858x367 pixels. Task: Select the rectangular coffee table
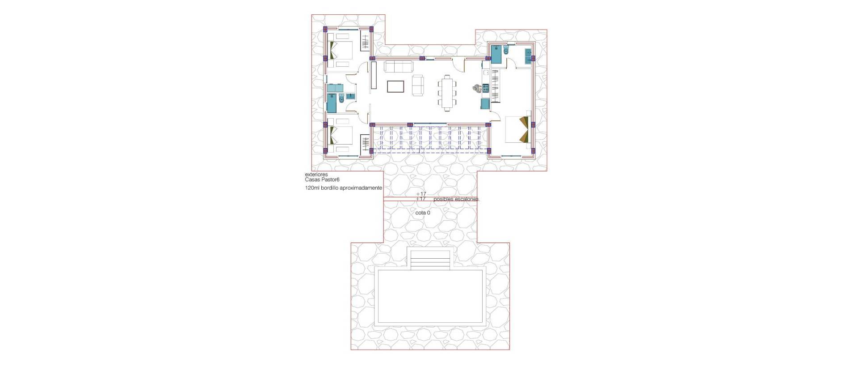coord(395,86)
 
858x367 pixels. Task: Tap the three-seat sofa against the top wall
coord(399,67)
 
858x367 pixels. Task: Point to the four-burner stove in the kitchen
coord(486,88)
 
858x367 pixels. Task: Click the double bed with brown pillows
coord(517,129)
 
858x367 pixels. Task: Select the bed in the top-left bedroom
coord(341,51)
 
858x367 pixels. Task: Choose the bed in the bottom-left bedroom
coord(341,136)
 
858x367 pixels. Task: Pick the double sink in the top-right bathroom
coord(530,55)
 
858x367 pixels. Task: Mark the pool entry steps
coord(430,260)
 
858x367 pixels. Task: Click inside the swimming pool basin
coord(430,297)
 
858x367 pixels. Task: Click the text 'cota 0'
coord(423,213)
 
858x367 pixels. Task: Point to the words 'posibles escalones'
coord(456,199)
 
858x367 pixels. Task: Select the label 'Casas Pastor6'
coord(322,179)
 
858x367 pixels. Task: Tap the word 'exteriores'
coord(316,175)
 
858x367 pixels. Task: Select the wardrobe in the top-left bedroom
coord(366,43)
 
